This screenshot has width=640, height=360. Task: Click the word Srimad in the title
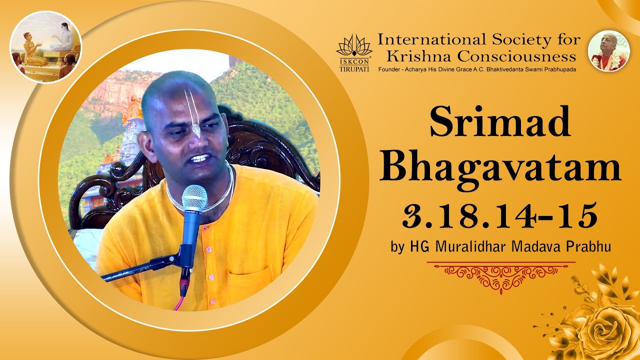point(499,122)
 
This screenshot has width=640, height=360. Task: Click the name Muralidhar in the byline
point(466,246)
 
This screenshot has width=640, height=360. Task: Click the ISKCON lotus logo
point(354,45)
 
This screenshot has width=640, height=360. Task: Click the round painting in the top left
point(45,47)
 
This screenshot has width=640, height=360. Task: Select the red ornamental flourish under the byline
point(500,274)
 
